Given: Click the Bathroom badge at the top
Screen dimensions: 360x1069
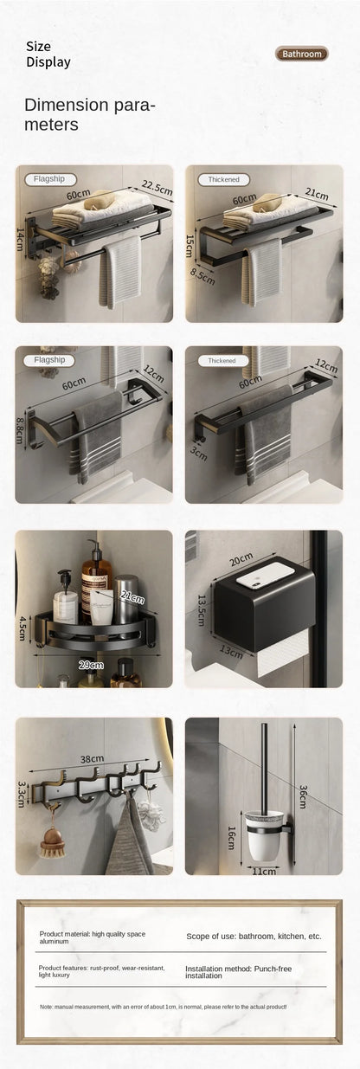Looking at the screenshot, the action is point(301,54).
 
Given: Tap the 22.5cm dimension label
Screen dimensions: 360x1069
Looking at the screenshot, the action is point(157,188).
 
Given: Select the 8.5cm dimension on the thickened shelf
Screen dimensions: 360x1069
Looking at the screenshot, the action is point(202,276).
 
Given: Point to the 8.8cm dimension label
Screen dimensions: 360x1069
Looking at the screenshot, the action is point(20,430).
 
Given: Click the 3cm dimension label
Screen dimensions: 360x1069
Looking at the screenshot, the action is point(198,454).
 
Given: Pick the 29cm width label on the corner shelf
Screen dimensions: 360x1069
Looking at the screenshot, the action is point(91,665).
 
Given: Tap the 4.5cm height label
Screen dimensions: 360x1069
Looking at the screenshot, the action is point(22,628).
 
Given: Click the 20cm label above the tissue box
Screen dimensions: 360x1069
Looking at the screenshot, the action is point(241,559).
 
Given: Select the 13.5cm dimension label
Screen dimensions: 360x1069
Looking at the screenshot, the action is point(201,610).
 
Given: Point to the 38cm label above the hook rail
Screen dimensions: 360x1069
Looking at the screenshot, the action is point(92,759).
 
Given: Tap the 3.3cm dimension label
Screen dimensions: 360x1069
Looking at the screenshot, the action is point(21,795).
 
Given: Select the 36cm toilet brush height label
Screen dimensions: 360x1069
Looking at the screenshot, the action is point(303,796).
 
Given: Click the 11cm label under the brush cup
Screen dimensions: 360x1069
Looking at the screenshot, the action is point(264,872).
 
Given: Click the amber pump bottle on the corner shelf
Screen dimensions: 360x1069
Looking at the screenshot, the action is point(96,583).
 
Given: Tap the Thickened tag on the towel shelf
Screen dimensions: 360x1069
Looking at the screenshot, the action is point(223,179).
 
